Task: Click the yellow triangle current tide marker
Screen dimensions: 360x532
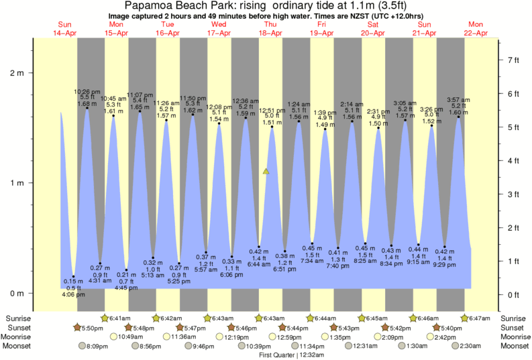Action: [x=266, y=172]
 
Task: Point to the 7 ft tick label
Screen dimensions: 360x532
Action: [x=513, y=60]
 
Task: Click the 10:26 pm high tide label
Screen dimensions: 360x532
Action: [x=87, y=91]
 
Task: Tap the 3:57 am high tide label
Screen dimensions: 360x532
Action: [x=459, y=101]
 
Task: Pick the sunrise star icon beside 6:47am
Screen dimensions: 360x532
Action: [x=464, y=317]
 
